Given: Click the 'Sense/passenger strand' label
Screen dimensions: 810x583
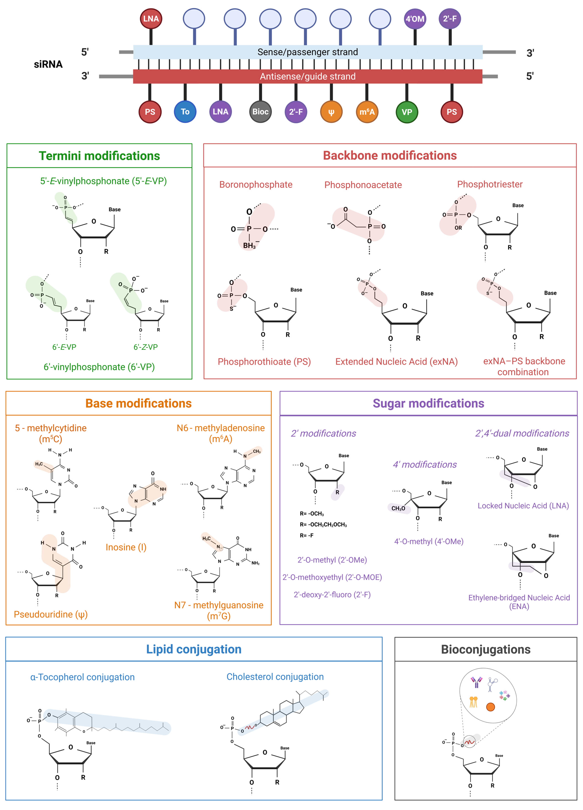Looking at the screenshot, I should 307,52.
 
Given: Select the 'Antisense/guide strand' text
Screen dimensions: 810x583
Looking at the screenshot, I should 307,76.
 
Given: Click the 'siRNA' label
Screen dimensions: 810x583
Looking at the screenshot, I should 48,64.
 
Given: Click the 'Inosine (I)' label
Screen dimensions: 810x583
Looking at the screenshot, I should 126,547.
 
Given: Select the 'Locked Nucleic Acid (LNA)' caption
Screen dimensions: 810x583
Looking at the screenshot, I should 523,506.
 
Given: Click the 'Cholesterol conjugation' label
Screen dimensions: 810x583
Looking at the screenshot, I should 275,677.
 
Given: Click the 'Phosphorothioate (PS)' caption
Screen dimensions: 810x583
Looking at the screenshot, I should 264,362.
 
